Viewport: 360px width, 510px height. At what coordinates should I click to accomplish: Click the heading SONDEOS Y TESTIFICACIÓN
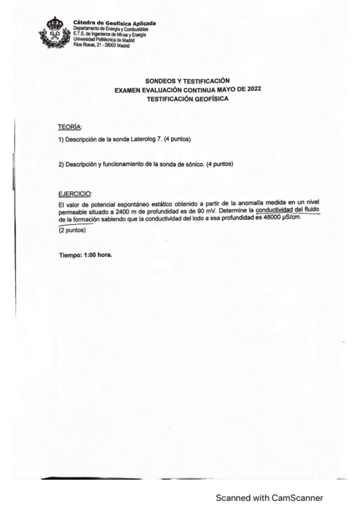pyautogui.click(x=188, y=81)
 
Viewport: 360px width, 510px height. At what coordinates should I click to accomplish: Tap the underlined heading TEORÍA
pyautogui.click(x=70, y=127)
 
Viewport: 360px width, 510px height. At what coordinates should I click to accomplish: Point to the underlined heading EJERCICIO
pyautogui.click(x=75, y=194)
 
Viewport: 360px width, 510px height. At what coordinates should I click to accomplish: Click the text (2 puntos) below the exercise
pyautogui.click(x=72, y=230)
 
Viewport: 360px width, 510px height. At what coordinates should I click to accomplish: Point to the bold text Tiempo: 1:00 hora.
pyautogui.click(x=85, y=255)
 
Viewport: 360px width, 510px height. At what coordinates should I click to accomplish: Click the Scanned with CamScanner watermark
pyautogui.click(x=269, y=498)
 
